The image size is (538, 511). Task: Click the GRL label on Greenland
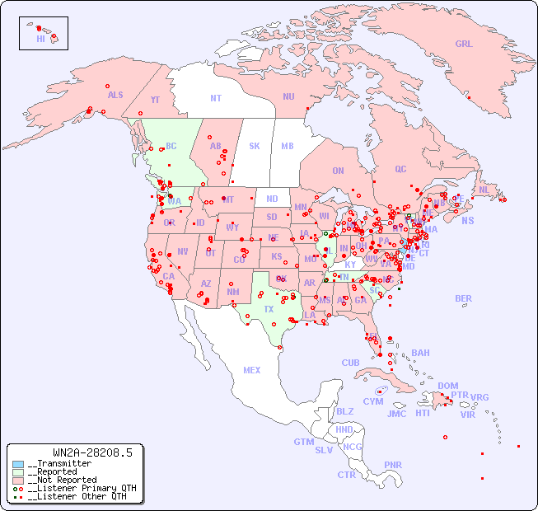[x=464, y=45]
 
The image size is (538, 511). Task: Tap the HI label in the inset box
[x=40, y=39]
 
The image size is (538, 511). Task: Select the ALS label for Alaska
[x=115, y=96]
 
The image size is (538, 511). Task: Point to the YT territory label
[x=155, y=100]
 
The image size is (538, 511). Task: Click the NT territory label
[x=215, y=98]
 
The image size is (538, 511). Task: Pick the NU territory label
[x=288, y=96]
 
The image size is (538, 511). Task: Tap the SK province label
[x=255, y=146]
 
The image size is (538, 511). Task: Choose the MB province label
[x=288, y=146]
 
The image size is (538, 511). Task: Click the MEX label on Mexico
[x=252, y=370]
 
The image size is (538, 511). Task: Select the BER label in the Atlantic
[x=464, y=298]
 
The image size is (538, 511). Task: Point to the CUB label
[x=350, y=363]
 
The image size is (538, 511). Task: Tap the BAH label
[x=420, y=353]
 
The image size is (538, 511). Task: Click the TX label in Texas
[x=269, y=309]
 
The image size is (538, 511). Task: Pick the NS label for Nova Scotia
[x=467, y=220]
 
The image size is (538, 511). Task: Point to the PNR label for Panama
[x=393, y=465]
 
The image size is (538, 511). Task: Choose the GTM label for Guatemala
[x=303, y=442]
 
